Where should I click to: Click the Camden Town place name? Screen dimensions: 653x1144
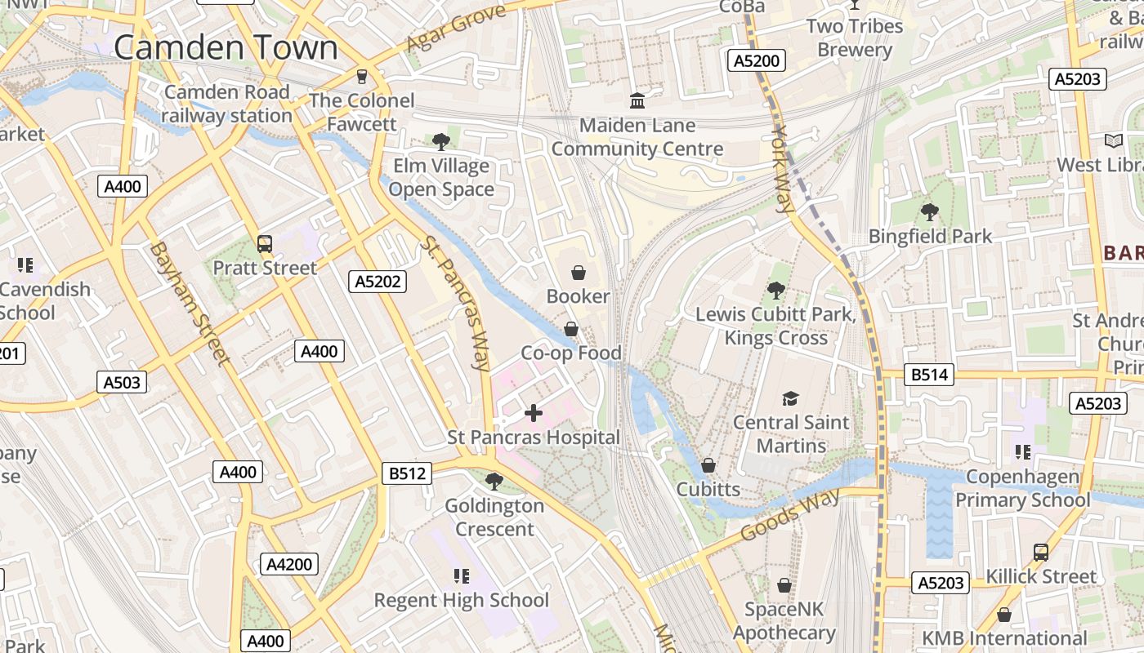226,47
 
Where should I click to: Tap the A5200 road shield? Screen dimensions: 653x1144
757,60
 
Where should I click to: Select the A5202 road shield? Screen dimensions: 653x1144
378,282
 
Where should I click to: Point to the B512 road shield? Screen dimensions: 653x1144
407,473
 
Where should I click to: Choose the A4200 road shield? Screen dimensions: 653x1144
290,564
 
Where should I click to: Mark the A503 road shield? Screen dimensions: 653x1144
122,381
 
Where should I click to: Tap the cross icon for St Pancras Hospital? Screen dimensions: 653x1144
534,413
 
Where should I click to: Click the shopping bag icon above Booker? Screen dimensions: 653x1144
579,272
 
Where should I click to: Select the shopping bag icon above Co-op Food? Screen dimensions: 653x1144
571,329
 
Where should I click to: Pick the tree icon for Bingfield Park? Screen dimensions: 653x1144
929,212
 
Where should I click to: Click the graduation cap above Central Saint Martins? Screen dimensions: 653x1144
790,398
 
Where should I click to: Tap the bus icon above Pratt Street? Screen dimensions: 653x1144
265,243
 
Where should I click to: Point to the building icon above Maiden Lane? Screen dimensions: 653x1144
637,100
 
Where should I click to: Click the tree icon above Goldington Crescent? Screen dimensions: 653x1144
494,482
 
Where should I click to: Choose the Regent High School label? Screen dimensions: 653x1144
462,600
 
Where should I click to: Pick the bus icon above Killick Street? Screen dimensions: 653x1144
1041,552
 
